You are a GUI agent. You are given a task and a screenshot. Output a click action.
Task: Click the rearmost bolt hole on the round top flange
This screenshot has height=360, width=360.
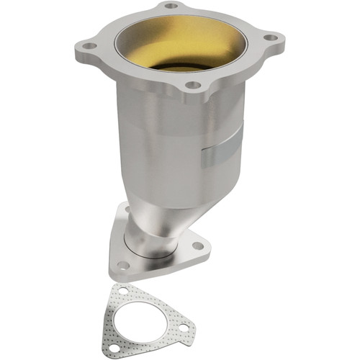point(171,6)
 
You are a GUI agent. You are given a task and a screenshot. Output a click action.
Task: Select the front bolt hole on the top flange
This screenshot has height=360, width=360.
point(192,85)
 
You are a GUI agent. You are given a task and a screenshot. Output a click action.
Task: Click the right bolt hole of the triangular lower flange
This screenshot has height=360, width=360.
point(197,246)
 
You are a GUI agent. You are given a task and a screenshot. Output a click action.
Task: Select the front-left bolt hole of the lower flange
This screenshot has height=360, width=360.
point(124,265)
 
